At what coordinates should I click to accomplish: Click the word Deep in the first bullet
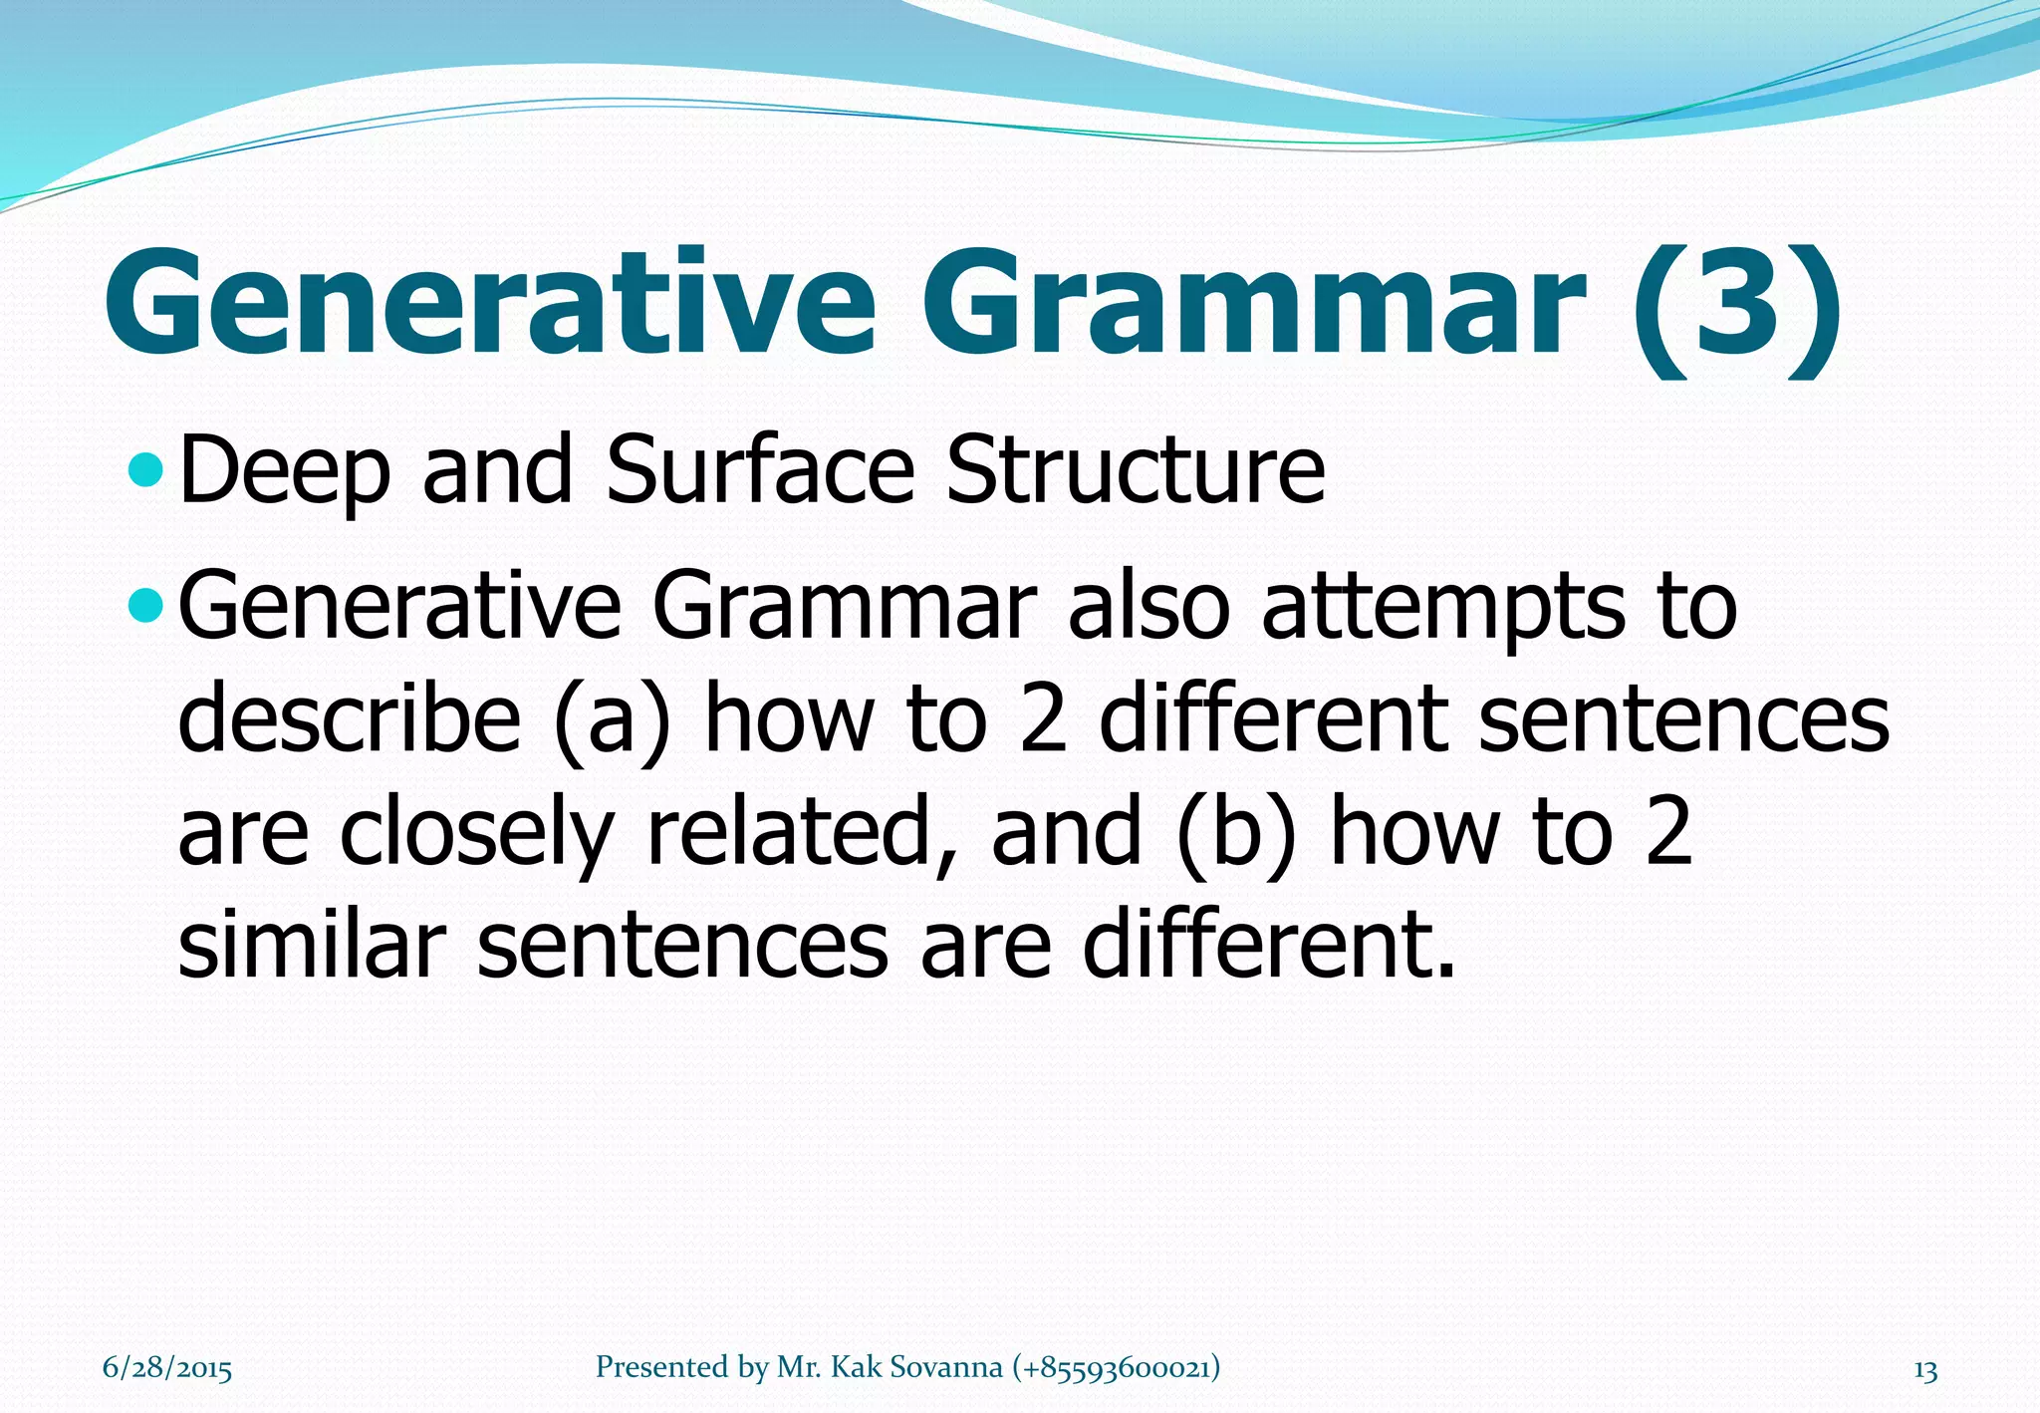point(284,471)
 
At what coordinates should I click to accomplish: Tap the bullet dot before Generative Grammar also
point(145,604)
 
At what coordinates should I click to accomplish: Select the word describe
point(349,718)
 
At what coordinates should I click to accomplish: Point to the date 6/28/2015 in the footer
point(167,1368)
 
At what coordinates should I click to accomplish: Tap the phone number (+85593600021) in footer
point(1116,1367)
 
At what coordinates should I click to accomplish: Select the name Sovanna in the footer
point(945,1367)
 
